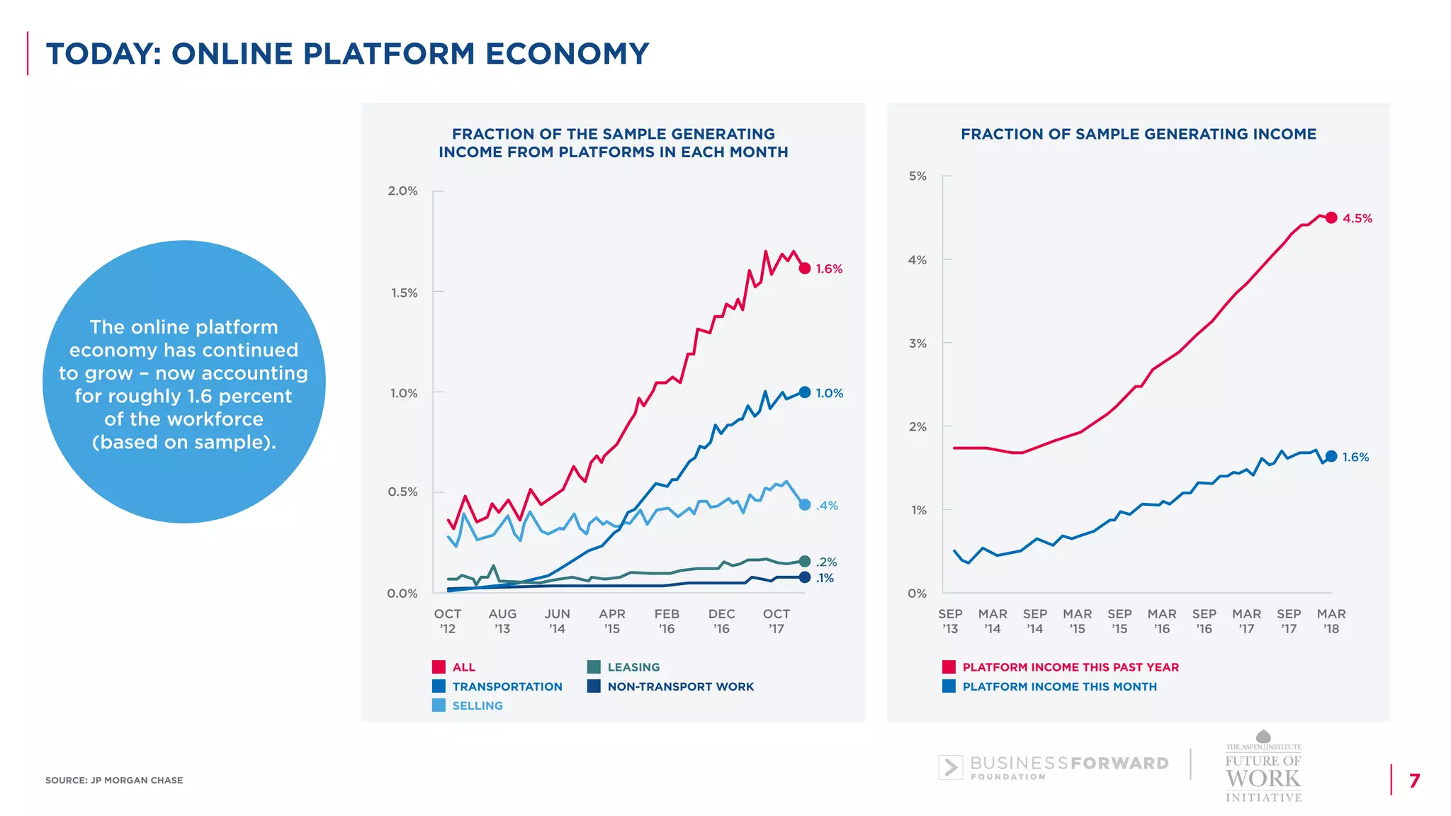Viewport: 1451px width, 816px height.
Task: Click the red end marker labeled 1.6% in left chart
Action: (804, 268)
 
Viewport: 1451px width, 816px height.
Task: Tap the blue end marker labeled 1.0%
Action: (804, 392)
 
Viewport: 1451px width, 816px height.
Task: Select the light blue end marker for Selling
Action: (804, 505)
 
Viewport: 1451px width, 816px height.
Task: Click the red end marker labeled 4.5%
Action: (1331, 217)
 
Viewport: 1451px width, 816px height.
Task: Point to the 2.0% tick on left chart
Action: (402, 191)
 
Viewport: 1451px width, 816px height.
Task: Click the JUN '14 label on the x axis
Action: (557, 621)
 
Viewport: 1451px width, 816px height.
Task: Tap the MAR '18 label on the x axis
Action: (1331, 621)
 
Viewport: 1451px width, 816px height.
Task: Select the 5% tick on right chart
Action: (918, 176)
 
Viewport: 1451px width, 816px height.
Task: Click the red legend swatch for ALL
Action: (439, 667)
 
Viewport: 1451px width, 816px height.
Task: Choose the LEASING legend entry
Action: (633, 667)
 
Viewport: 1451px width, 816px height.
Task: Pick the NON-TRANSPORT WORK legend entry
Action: (680, 686)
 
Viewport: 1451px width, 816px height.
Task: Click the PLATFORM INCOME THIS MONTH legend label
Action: (1059, 686)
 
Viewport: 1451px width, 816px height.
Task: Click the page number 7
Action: (1414, 781)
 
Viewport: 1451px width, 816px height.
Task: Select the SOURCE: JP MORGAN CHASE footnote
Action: (114, 781)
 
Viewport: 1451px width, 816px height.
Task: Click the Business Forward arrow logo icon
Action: (950, 767)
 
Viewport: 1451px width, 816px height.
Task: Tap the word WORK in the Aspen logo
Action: (1263, 778)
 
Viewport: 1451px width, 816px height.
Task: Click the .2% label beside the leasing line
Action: (826, 562)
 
